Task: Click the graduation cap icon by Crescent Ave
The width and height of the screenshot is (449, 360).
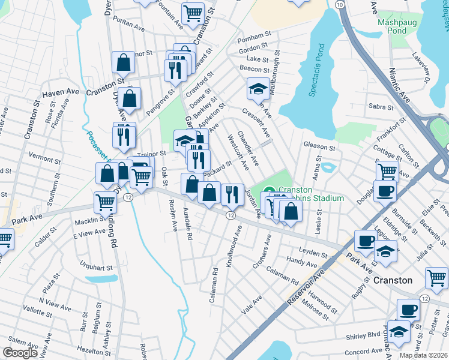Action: coord(258,90)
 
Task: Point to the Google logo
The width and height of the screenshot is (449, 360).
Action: coord(20,353)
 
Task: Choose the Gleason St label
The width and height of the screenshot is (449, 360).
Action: coord(319,146)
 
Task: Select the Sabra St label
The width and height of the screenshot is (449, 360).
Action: coord(381,107)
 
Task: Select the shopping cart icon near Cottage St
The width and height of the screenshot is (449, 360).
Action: coord(387,172)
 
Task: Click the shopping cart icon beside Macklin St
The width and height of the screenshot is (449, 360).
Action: coord(105,202)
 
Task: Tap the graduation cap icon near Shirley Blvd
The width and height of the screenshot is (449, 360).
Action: coord(398,331)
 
